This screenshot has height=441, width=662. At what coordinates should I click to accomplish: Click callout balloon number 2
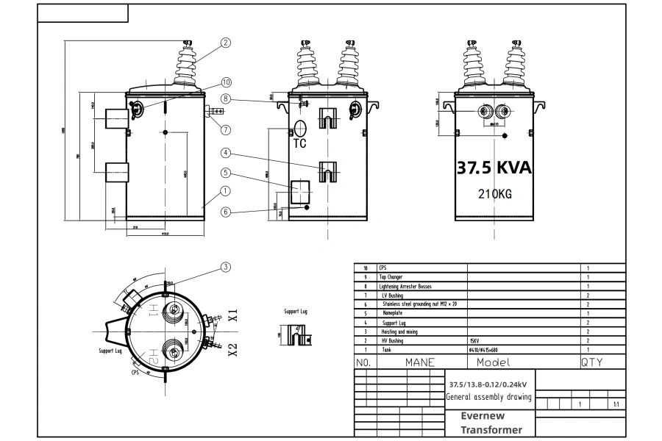pos(226,43)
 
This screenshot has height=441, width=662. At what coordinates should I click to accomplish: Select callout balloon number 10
pos(226,82)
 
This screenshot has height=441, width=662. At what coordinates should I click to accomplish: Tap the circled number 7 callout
pos(226,130)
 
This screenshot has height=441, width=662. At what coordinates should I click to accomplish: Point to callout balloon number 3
pos(226,267)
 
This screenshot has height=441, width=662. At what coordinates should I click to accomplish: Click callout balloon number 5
pos(226,173)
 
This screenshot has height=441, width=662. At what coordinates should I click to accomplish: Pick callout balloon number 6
pos(226,212)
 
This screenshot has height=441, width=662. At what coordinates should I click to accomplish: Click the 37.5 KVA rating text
pos(494,168)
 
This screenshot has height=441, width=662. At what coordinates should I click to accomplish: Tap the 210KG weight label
pos(494,195)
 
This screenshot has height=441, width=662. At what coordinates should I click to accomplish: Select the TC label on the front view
pos(299,143)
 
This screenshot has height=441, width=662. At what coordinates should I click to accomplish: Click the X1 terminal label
pos(232,316)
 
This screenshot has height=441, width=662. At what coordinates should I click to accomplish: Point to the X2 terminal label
pos(232,349)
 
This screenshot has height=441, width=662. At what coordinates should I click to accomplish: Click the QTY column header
pos(592,362)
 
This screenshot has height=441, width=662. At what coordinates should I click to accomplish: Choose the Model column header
pos(493,362)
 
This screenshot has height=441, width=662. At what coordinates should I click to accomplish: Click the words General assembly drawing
pos(490,398)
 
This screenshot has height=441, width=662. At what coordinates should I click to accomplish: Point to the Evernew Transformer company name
pos(491,423)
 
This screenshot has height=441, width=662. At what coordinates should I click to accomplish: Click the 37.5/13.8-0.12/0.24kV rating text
pos(490,384)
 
